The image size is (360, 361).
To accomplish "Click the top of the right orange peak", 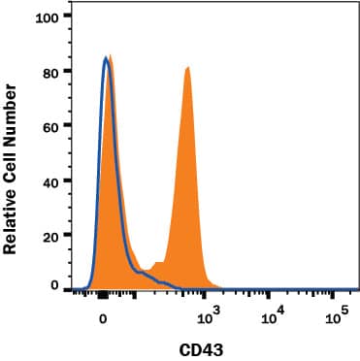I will point(187,68).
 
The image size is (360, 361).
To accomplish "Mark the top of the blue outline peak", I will point(106,58).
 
